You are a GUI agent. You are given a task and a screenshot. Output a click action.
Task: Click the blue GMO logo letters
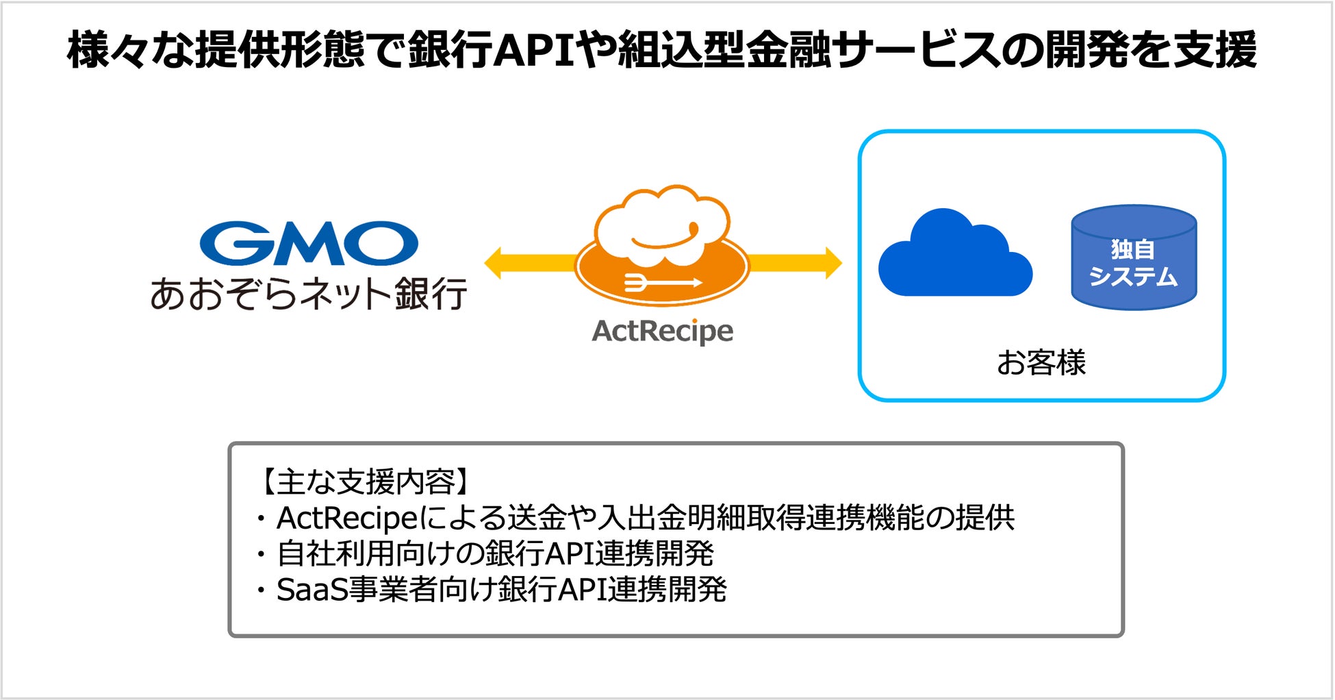pyautogui.click(x=309, y=243)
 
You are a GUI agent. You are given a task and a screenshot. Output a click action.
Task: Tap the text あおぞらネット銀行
pyautogui.click(x=309, y=294)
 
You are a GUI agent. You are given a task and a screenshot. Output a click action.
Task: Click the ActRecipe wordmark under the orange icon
pyautogui.click(x=662, y=331)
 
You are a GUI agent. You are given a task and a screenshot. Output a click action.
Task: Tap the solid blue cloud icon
pyautogui.click(x=954, y=258)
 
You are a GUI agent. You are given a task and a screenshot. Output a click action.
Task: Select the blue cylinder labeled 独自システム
pyautogui.click(x=1133, y=258)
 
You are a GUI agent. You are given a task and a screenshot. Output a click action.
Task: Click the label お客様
pyautogui.click(x=1041, y=362)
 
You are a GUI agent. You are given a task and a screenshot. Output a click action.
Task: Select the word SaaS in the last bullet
pyautogui.click(x=311, y=590)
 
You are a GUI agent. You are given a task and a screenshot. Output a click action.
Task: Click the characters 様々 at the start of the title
pyautogui.click(x=109, y=51)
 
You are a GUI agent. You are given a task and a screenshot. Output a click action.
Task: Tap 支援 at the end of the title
pyautogui.click(x=1215, y=51)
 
